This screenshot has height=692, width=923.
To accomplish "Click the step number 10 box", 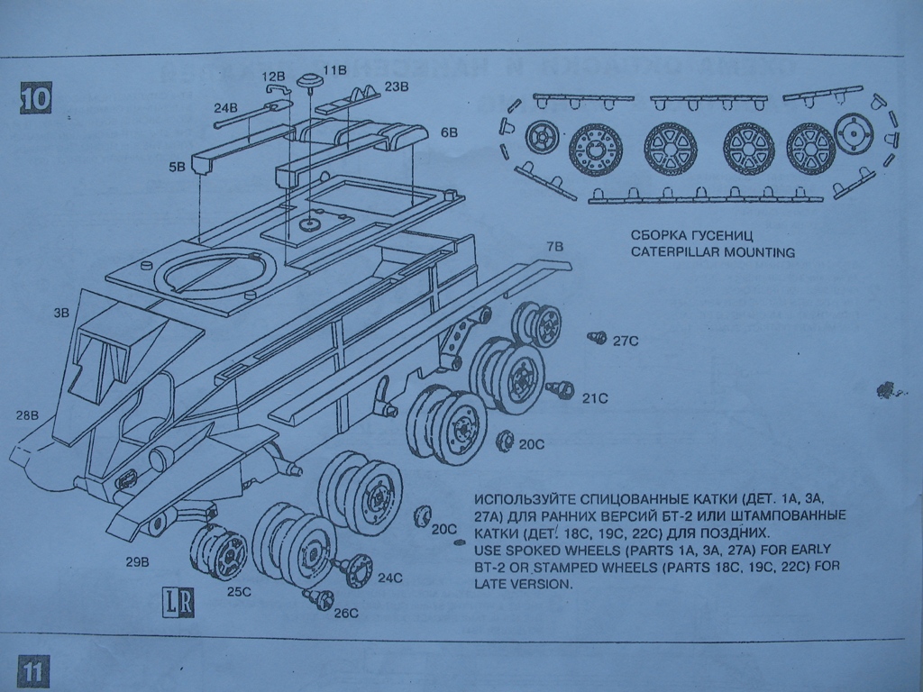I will point(35,97).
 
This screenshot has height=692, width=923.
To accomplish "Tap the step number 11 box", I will point(31,672).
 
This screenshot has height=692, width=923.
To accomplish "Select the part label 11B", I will point(334,69).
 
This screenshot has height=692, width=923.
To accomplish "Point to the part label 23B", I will point(397,86).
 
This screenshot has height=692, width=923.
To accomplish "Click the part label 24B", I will point(225,108).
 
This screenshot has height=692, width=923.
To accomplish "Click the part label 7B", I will point(554,245).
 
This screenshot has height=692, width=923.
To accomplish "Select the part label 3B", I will point(61,314).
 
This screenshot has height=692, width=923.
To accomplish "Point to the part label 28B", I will point(27,415).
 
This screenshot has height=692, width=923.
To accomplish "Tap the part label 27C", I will point(626,341).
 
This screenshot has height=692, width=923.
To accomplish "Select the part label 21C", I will point(595,396).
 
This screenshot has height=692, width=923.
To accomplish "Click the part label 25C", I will point(239,592).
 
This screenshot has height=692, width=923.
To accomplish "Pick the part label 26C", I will point(345,613).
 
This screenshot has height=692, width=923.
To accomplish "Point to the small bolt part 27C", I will point(596,337).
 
